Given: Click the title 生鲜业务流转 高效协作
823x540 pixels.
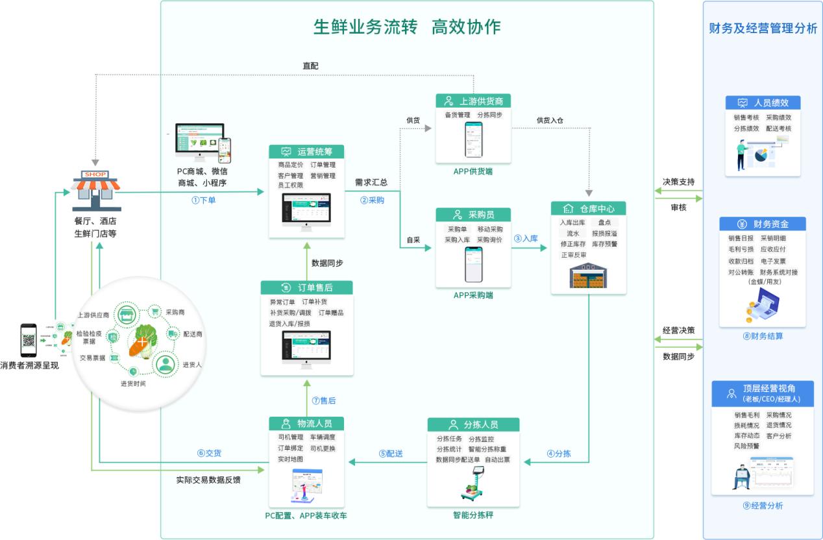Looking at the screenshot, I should tap(407, 27).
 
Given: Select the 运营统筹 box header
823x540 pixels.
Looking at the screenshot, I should tap(306, 151).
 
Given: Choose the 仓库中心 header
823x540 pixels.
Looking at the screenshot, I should tap(589, 208).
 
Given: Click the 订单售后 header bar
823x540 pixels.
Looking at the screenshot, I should tap(306, 288).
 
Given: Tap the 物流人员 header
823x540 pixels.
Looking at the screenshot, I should tap(306, 423).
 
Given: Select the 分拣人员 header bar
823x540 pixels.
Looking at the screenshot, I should tap(473, 424).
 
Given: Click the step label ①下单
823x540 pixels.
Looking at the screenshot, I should tap(204, 201).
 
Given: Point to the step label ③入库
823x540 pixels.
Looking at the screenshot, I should tap(526, 239).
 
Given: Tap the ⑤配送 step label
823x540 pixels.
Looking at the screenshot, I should tap(391, 454).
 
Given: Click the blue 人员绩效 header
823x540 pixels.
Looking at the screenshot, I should tap(762, 103).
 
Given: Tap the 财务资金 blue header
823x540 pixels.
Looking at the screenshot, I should tap(762, 224).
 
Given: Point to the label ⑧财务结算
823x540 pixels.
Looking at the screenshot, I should tap(763, 336).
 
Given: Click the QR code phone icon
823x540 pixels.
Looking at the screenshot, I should tap(27, 340).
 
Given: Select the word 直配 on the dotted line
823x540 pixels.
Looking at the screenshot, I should tap(310, 66).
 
